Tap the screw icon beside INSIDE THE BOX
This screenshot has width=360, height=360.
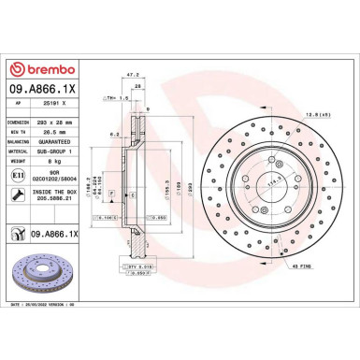click(19, 194)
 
